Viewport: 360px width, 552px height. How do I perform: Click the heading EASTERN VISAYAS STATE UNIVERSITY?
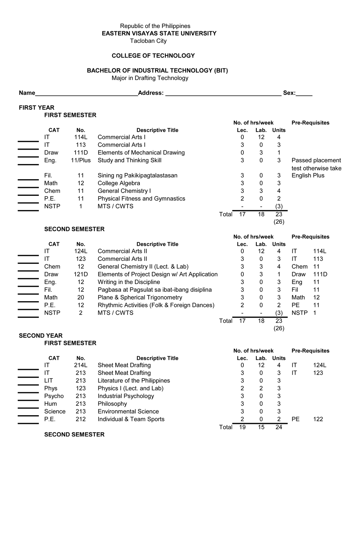coord(159,33)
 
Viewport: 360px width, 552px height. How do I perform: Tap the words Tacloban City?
coord(148,41)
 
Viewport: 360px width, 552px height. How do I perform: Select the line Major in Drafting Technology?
coord(150,78)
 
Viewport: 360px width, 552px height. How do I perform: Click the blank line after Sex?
coord(304,94)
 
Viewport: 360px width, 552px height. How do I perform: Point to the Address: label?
coord(151,93)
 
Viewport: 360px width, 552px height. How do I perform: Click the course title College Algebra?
coord(119,183)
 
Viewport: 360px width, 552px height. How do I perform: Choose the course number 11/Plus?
coord(81,160)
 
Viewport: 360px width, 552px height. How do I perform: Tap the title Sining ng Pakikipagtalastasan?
coord(138,176)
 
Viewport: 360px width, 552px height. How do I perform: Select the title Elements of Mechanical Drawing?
coord(141,153)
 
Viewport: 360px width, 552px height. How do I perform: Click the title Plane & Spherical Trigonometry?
coord(140,298)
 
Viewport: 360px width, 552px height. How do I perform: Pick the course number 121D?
coord(81,274)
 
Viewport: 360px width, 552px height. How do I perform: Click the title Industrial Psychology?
coord(126,396)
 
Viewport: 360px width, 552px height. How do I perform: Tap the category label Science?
coord(55,412)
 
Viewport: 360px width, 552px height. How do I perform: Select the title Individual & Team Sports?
coord(131,419)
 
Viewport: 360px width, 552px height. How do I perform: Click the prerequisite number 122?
coord(318,419)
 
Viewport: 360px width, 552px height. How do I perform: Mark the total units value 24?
coord(279,427)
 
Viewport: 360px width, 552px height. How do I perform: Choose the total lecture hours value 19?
coord(242,427)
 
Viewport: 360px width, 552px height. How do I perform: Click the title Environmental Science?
coord(128,412)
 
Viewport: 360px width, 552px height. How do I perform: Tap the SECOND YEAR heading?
coord(41,336)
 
